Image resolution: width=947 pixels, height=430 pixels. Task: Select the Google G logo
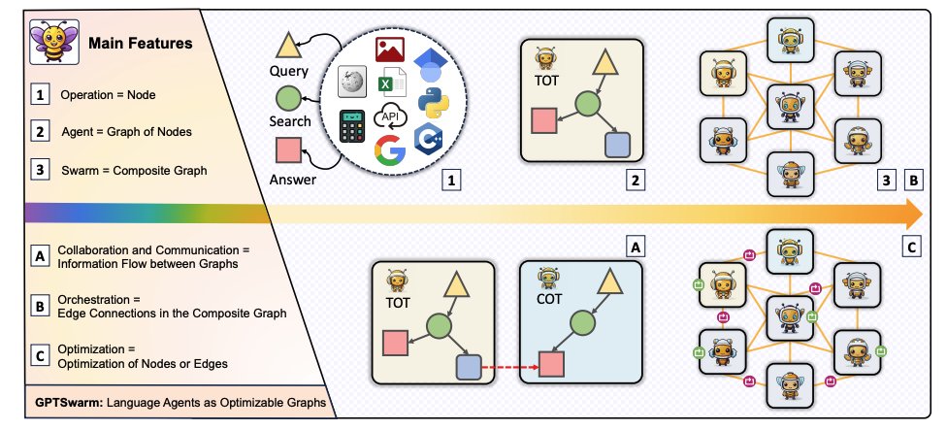(389, 150)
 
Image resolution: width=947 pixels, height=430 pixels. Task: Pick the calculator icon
(352, 125)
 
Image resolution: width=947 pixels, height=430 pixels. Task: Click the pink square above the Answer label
(287, 150)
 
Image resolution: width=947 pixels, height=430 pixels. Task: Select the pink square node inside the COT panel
(552, 364)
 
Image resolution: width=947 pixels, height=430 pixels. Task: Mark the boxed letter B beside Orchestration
(40, 307)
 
